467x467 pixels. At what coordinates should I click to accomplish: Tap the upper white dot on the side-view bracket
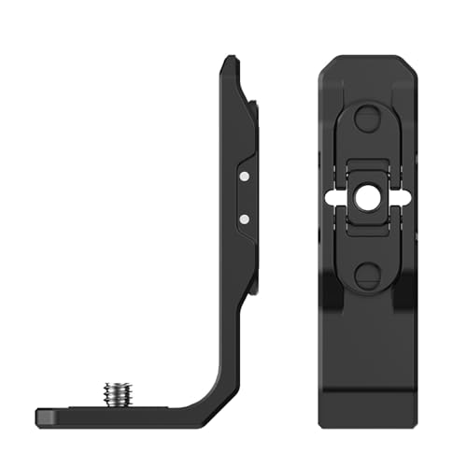tap(243, 175)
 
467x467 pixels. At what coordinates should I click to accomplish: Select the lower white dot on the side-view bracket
tap(243, 218)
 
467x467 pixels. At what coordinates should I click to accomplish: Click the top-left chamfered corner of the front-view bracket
tap(326, 62)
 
